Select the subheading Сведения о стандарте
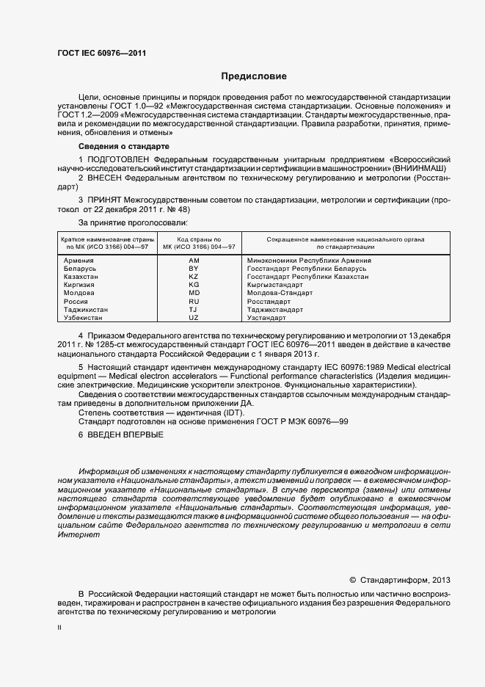119,147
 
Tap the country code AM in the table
194,261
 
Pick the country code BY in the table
194,269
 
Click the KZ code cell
194,277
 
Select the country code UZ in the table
194,318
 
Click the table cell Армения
79,261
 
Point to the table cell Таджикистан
87,310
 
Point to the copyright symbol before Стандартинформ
352,578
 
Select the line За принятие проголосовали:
133,221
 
